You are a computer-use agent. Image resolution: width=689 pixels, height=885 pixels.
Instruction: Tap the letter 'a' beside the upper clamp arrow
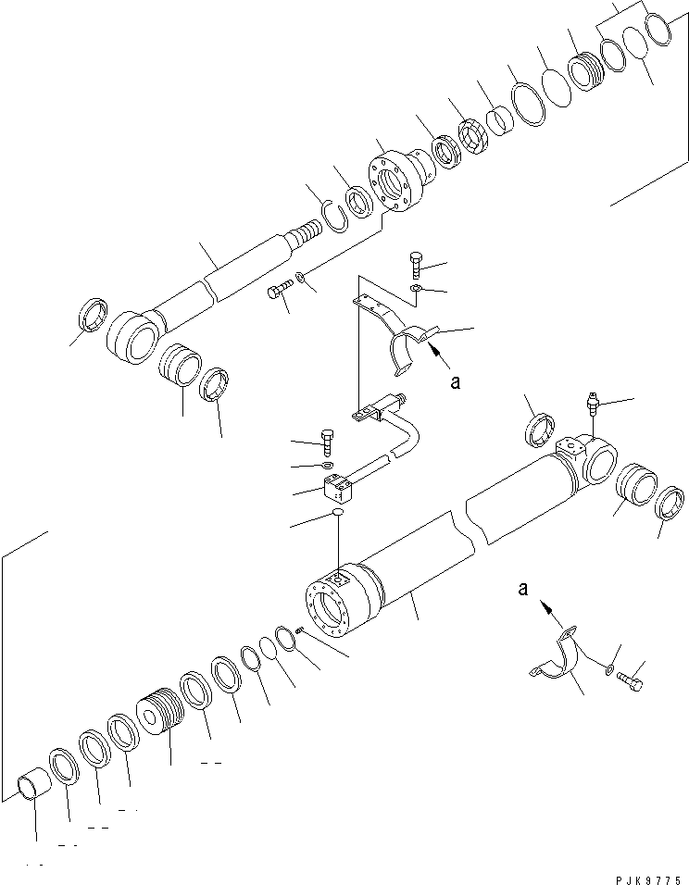(x=455, y=381)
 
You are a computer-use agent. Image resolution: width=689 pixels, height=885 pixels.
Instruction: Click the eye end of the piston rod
(x=133, y=340)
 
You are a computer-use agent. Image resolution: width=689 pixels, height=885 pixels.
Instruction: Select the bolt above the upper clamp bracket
(x=415, y=266)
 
